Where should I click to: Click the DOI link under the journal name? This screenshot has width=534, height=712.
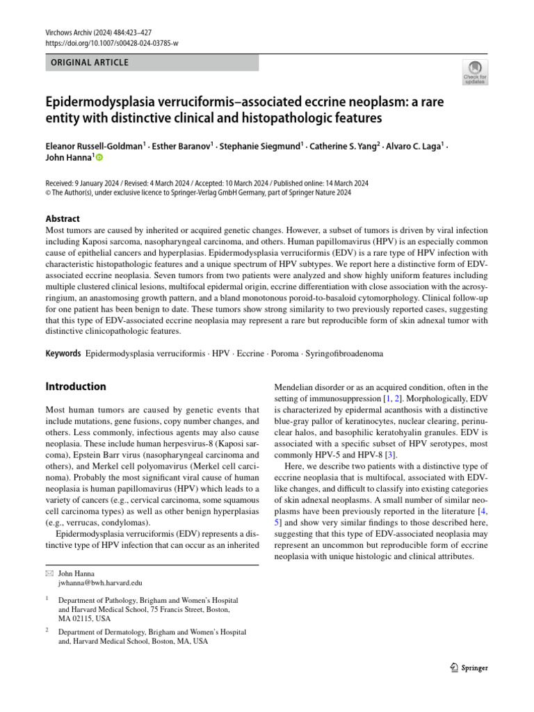(112, 43)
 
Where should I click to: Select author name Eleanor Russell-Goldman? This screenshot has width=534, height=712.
(94, 146)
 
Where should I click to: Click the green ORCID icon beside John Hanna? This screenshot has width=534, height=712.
(99, 158)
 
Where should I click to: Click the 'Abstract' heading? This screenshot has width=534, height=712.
(63, 218)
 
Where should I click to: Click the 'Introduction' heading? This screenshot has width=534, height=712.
(76, 387)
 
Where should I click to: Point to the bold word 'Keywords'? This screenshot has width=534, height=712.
(63, 353)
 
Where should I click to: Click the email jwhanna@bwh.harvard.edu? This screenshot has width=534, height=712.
(100, 583)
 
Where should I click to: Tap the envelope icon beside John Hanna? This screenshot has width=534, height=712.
(49, 574)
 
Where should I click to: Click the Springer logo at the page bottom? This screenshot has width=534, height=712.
(469, 667)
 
